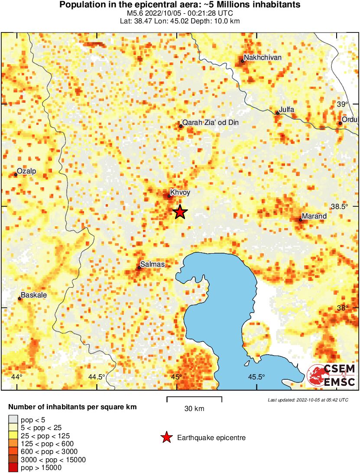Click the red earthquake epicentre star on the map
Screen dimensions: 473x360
coord(180,212)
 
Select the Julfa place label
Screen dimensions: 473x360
coord(287,110)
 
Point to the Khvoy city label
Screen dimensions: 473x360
coord(180,192)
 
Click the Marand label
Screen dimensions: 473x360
coord(314,216)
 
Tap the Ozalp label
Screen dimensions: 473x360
coord(26,171)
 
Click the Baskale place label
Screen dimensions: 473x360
coord(34,295)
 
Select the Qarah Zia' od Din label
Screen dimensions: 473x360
coord(211,123)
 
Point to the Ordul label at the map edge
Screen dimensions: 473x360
coord(350,120)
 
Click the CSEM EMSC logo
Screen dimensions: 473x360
coord(331,375)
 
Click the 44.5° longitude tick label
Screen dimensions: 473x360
coord(97,377)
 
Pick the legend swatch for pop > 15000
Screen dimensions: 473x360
coord(13,467)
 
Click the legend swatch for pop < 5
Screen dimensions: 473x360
coord(13,419)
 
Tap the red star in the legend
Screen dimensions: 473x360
coord(166,438)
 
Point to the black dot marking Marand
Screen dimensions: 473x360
coord(300,220)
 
